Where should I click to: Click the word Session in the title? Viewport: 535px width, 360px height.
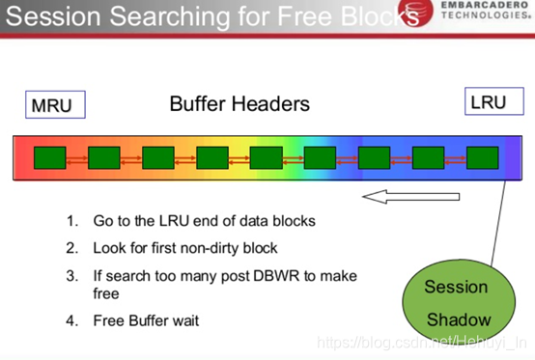point(56,15)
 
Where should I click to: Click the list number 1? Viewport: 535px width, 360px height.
point(71,221)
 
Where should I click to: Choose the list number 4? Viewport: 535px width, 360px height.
point(71,319)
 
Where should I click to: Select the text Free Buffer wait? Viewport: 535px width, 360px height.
point(146,319)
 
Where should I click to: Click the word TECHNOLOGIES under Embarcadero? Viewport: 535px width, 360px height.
point(482,28)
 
